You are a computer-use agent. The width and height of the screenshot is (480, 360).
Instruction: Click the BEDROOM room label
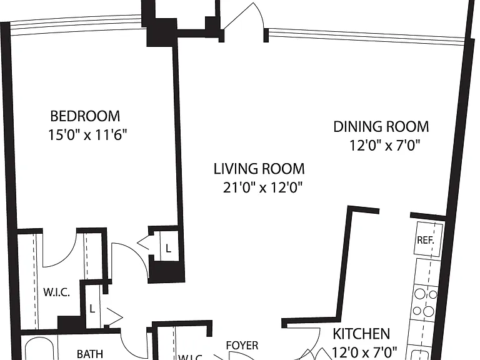pos(85,116)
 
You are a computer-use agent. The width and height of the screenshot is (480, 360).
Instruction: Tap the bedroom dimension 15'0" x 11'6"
pos(87,135)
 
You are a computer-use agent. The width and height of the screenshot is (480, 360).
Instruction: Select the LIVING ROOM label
pos(259,169)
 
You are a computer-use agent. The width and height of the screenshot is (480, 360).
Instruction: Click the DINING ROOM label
pos(381,127)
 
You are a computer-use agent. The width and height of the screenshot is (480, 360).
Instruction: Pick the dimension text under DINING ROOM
pos(384,146)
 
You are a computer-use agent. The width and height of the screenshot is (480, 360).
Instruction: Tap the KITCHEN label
pos(361,334)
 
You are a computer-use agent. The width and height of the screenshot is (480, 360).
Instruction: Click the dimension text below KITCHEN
pos(364,351)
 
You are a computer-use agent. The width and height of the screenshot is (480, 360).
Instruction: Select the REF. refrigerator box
pos(429,239)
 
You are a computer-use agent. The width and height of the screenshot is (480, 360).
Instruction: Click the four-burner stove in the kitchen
pos(426,303)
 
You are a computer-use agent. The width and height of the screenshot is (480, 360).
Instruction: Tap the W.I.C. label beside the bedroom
pos(57,292)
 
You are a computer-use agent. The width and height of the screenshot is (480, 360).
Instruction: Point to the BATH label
pos(90,354)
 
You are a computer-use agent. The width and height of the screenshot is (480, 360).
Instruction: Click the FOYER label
pos(242,345)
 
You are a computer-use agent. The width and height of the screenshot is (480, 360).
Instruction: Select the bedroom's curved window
pos(76,24)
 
